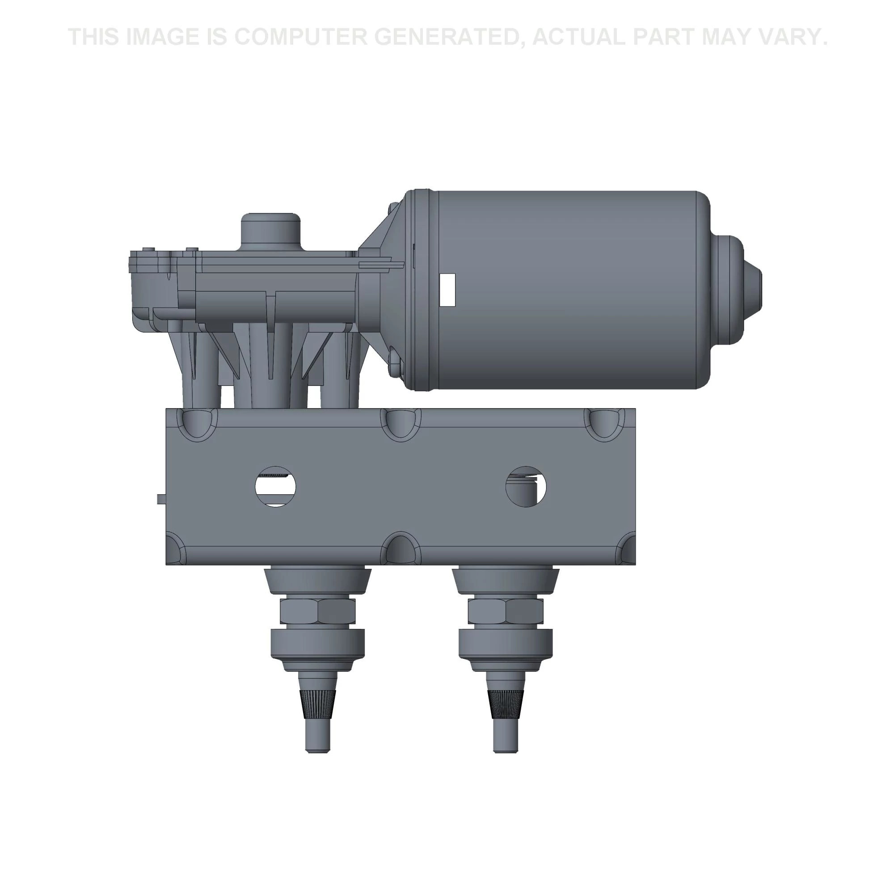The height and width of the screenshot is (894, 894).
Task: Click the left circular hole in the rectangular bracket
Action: click(x=276, y=487)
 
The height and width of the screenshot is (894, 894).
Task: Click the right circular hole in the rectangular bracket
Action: click(x=526, y=486)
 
